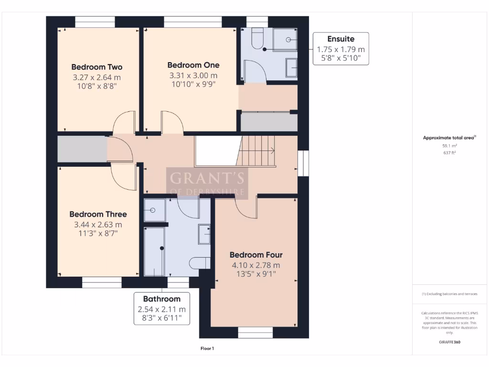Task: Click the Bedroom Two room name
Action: (x=97, y=67)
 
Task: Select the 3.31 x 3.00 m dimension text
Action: (x=193, y=76)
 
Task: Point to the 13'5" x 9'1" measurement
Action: (x=255, y=274)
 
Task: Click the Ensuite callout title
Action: (x=340, y=39)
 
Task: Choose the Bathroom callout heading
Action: (x=162, y=299)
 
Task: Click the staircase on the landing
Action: (x=258, y=151)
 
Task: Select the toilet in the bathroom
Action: (x=200, y=263)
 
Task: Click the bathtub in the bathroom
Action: (x=154, y=251)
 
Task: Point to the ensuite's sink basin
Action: (x=291, y=67)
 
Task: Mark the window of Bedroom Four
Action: (x=255, y=333)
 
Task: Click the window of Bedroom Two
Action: (x=95, y=22)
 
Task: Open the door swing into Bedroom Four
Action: (x=246, y=206)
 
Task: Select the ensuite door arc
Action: (x=253, y=72)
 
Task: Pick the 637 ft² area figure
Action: (x=449, y=153)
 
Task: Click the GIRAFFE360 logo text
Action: (x=449, y=342)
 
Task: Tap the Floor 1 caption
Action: (x=207, y=349)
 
